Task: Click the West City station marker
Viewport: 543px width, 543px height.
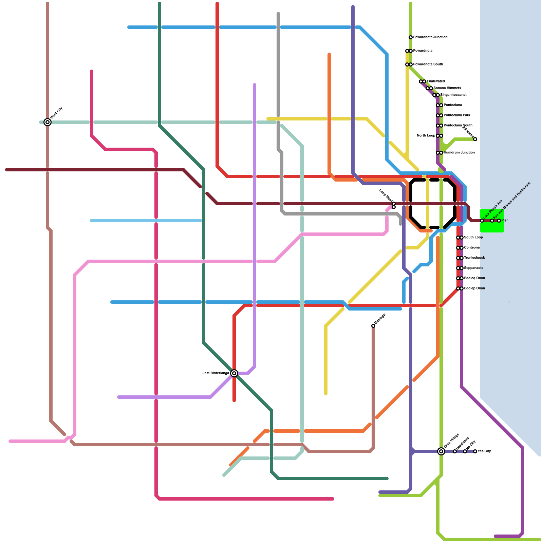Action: click(48, 122)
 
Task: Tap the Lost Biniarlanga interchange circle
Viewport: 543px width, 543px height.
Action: click(234, 373)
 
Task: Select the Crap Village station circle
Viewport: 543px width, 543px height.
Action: click(441, 451)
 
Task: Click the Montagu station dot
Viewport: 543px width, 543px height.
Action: click(373, 326)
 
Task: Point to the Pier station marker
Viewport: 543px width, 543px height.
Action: click(499, 221)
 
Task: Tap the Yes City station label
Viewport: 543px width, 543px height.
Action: click(484, 451)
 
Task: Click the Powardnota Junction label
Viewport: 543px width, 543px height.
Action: click(430, 37)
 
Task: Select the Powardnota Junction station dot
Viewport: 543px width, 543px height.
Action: click(411, 37)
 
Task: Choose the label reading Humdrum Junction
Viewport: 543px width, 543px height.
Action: click(459, 153)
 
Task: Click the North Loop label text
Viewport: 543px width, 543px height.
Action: click(426, 136)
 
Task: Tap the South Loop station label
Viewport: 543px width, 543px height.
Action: click(473, 238)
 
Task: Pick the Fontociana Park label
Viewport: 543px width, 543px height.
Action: click(457, 115)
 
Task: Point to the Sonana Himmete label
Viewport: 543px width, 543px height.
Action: click(447, 88)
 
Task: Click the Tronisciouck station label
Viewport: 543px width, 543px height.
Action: click(474, 258)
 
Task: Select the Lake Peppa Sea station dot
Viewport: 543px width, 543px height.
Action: click(482, 221)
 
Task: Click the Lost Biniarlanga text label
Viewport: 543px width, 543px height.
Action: click(216, 373)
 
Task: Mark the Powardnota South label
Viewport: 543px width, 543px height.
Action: click(428, 64)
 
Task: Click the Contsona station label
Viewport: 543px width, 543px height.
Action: click(472, 248)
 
